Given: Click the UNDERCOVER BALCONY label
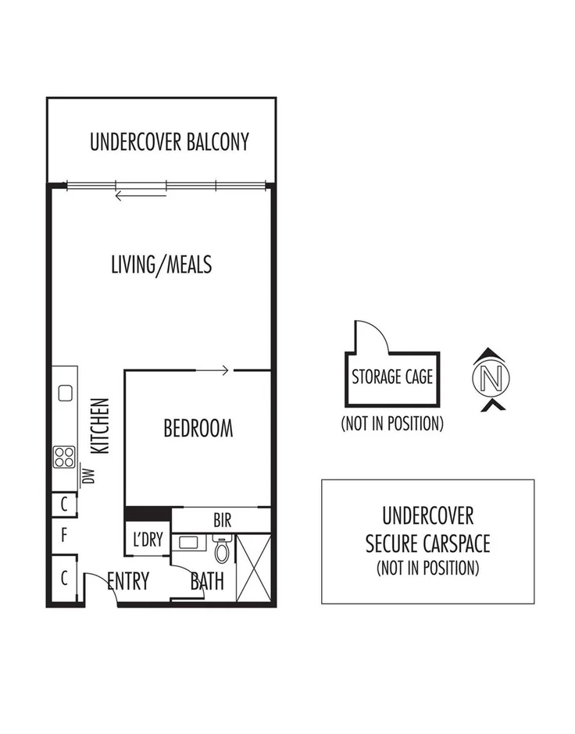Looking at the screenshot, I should [169, 142].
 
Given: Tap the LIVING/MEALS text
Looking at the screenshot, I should [161, 265].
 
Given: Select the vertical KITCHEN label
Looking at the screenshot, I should [100, 426].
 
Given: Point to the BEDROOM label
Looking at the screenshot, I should [198, 428].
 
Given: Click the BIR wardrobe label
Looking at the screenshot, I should [221, 519].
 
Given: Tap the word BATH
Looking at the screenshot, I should [207, 581].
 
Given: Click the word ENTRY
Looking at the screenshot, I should [128, 581].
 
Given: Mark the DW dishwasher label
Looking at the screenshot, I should [88, 475].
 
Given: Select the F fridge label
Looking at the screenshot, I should [63, 536].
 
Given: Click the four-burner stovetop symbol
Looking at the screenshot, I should [64, 456].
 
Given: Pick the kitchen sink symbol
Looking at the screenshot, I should [64, 392].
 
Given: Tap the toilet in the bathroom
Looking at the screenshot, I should [222, 550].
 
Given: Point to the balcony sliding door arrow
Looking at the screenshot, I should [141, 195].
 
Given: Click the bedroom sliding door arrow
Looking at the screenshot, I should [212, 370].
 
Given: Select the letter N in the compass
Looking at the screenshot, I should [491, 379].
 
